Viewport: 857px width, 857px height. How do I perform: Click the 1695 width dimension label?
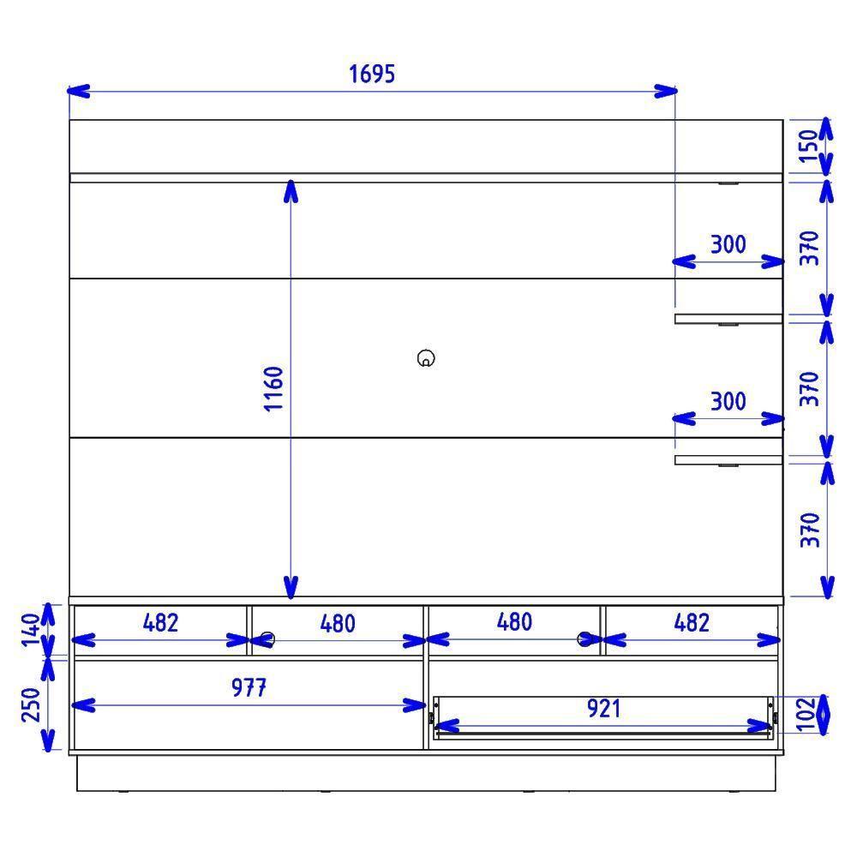[372, 74]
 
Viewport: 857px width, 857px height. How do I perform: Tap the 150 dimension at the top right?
[809, 146]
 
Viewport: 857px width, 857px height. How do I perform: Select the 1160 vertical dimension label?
[273, 388]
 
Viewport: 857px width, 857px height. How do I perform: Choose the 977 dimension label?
[248, 687]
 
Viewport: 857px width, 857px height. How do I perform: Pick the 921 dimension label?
[603, 709]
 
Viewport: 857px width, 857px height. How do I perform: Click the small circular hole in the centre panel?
[426, 358]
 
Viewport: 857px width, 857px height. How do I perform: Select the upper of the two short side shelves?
[728, 319]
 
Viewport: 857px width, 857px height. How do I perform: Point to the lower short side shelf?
[728, 460]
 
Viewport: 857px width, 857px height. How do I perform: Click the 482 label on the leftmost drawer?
[160, 622]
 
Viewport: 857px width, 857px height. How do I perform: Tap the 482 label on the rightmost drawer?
[691, 622]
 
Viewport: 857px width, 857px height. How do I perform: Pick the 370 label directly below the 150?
[810, 248]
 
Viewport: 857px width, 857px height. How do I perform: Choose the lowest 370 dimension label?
[810, 530]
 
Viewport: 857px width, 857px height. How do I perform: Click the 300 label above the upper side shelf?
[728, 244]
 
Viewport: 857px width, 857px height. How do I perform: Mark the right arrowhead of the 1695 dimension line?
[666, 90]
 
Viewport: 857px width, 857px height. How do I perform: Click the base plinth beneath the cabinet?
[428, 773]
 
